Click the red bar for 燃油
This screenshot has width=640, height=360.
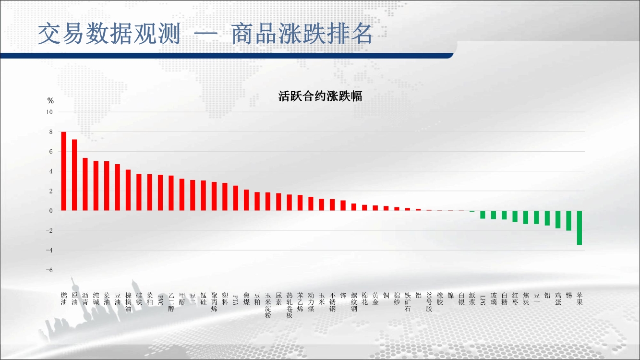(64, 171)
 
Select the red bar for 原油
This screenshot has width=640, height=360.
(74, 175)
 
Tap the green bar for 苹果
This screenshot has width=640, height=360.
(580, 228)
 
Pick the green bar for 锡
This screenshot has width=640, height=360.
(569, 221)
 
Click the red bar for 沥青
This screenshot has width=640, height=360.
(85, 184)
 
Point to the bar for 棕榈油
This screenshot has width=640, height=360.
(128, 190)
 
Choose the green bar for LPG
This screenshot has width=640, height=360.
(483, 215)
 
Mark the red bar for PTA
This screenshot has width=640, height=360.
(236, 198)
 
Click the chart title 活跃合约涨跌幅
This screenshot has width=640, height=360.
(320, 96)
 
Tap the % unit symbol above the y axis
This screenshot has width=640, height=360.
(50, 101)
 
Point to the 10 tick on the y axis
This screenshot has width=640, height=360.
(49, 112)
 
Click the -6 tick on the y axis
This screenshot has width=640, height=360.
(49, 270)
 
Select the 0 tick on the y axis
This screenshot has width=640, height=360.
(51, 211)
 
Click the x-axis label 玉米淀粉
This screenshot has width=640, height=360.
(268, 305)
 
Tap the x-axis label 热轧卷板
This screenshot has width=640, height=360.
(290, 305)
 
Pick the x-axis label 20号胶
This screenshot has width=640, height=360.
(429, 302)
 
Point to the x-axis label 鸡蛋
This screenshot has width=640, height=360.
(558, 299)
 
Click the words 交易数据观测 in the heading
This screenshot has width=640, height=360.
(109, 34)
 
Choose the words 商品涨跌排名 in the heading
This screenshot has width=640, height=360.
(302, 34)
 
